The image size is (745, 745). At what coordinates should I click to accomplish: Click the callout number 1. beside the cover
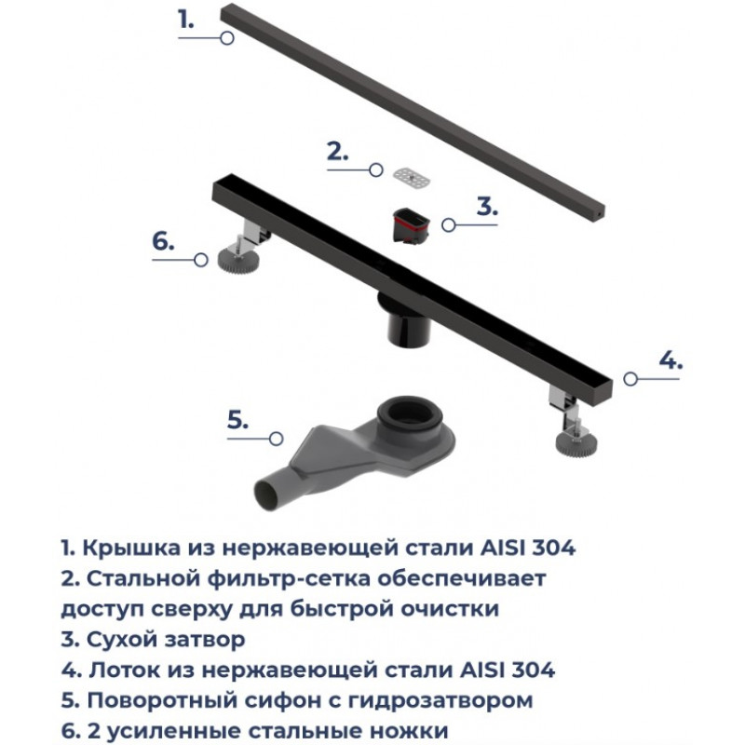186,19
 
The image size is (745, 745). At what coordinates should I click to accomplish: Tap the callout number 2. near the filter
338,151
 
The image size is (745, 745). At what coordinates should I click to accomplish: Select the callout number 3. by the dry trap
487,206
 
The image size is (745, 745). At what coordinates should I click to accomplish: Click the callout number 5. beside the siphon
238,420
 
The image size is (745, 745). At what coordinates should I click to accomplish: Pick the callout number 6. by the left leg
164,241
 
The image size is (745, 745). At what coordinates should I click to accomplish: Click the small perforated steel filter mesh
412,177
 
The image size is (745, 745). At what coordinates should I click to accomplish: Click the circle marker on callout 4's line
630,379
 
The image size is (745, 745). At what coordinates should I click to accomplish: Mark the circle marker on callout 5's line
276,439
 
